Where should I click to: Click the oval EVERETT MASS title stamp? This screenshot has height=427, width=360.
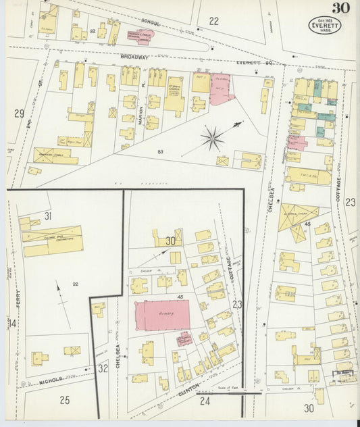click(324, 26)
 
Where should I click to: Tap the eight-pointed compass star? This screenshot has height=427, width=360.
click(213, 139)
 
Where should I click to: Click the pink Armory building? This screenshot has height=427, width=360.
click(162, 315)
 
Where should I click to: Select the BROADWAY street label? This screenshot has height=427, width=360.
click(134, 57)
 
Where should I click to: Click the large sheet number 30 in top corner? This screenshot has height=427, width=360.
click(341, 9)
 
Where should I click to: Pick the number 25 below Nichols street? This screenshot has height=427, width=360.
click(64, 400)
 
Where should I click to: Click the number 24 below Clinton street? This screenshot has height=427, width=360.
click(205, 402)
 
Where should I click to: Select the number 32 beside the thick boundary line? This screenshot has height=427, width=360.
click(103, 368)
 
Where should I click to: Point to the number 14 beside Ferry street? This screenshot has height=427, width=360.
click(12, 323)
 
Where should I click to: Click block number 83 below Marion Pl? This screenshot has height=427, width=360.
click(160, 152)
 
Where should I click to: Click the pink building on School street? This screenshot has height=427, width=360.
click(140, 34)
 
